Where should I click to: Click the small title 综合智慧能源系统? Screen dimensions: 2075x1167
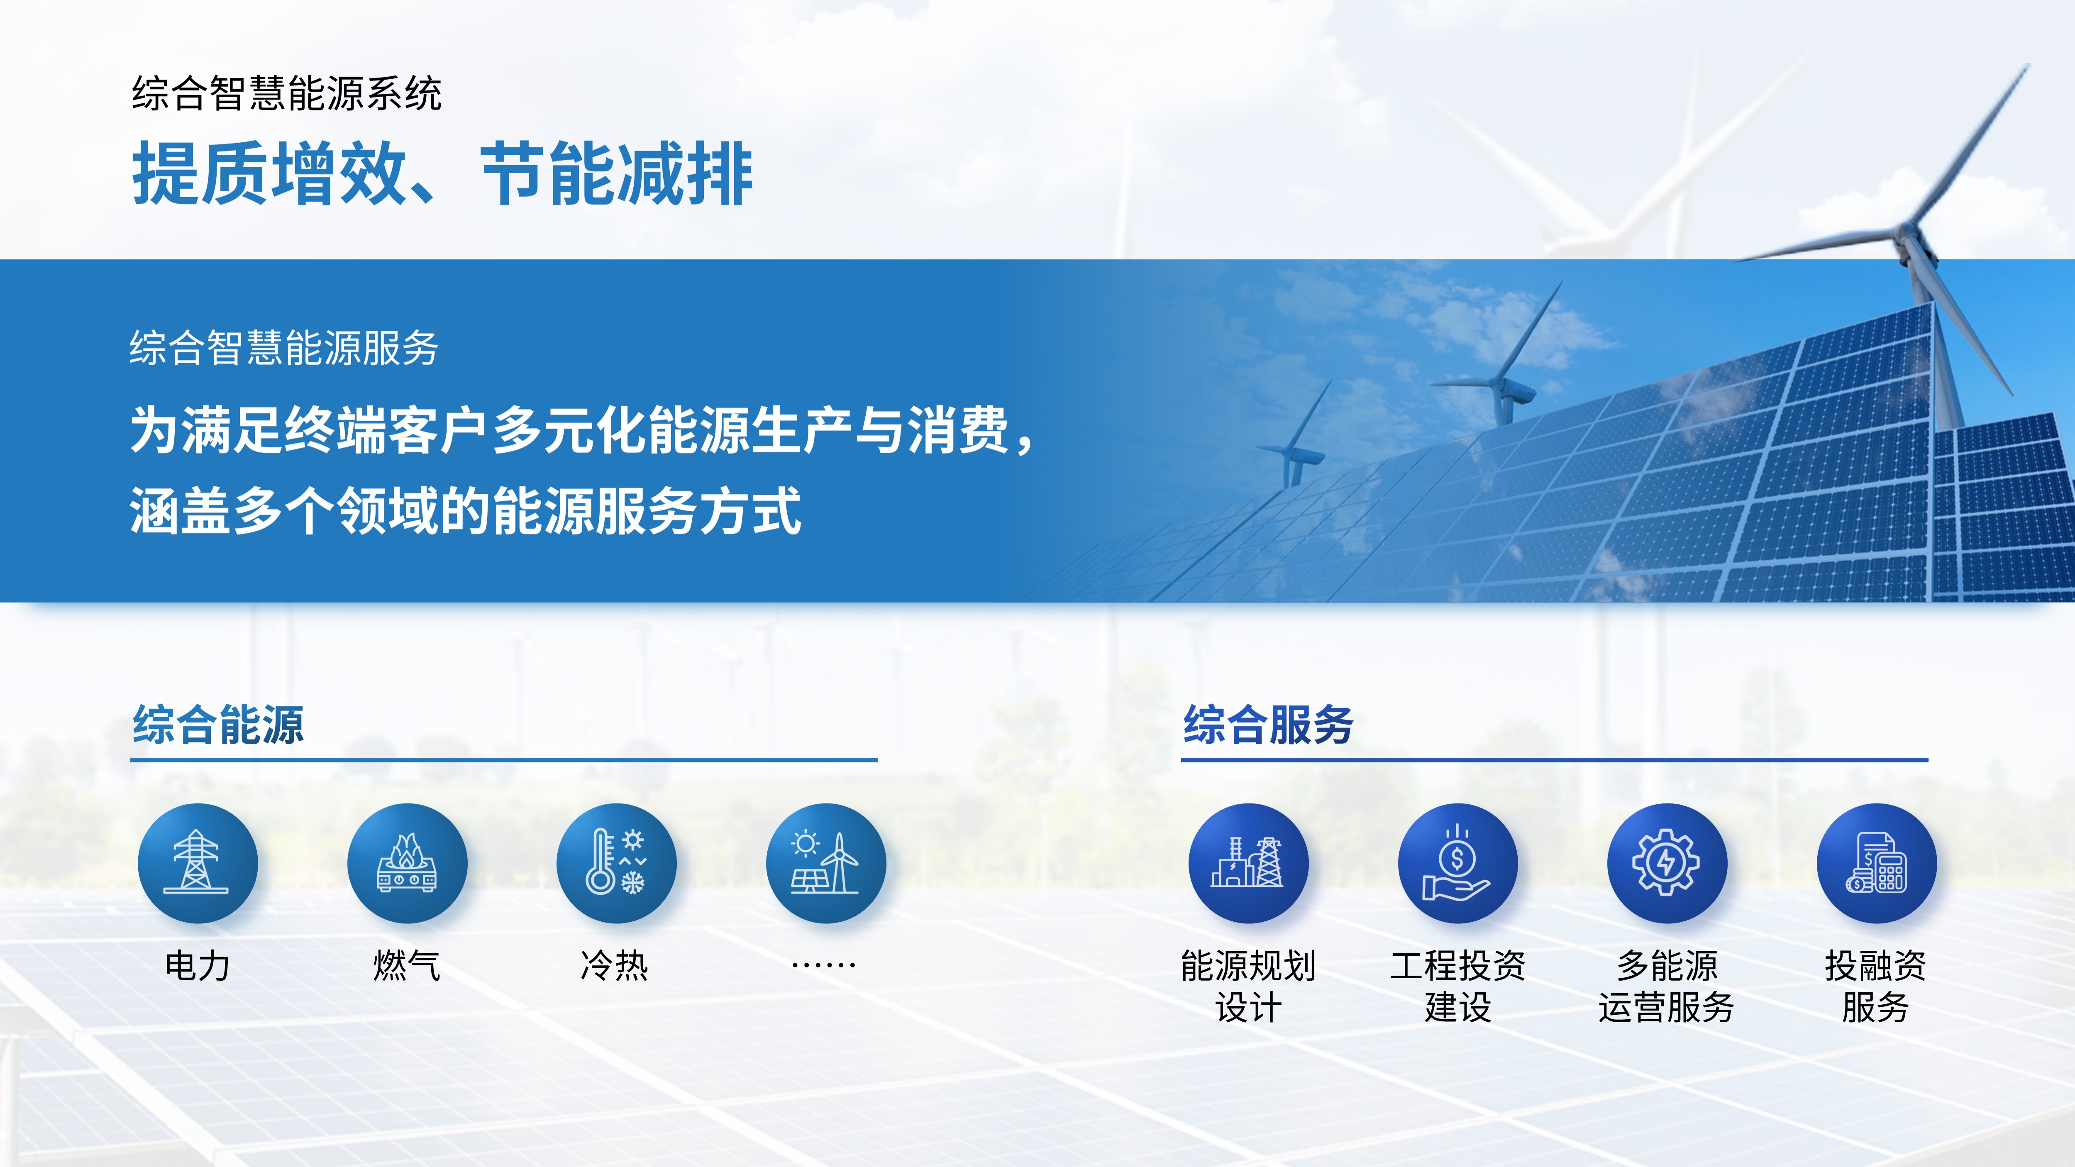coord(287,93)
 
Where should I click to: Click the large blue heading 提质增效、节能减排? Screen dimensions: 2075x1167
coord(442,173)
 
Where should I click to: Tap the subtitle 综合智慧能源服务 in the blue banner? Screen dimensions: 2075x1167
coord(284,348)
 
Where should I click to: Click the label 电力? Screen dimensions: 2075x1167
coord(198,966)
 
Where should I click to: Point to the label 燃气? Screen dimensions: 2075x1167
coord(407,966)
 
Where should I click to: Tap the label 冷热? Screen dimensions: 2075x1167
coord(615,966)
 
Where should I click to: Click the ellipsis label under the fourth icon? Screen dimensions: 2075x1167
coord(824,965)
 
